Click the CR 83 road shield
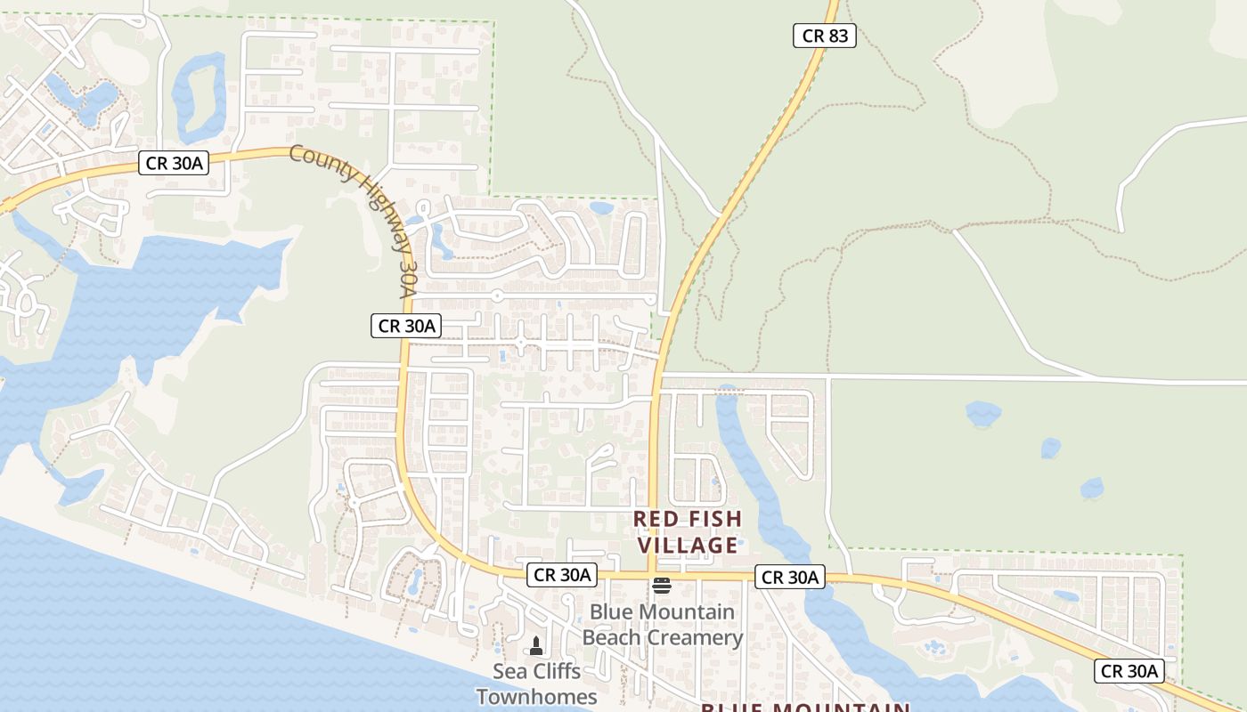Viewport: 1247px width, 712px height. [x=824, y=36]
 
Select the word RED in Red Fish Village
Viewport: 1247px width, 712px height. [x=657, y=519]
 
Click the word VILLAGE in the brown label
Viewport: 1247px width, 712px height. [x=686, y=545]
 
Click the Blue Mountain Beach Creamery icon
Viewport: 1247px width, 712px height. [x=662, y=585]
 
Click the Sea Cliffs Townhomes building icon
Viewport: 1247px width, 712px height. [x=536, y=645]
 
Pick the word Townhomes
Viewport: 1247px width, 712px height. [x=536, y=696]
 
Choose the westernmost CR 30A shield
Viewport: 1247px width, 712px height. [x=174, y=163]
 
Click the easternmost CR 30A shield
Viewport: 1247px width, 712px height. [x=1129, y=671]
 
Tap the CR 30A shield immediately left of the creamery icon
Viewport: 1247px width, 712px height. [x=561, y=575]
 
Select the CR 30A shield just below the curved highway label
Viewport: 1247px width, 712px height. [x=406, y=326]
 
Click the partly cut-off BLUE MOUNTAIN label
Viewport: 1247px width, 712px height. [x=804, y=707]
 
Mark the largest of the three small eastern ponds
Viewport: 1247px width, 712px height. [x=982, y=413]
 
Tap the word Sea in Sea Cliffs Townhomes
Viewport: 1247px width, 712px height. [x=509, y=671]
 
